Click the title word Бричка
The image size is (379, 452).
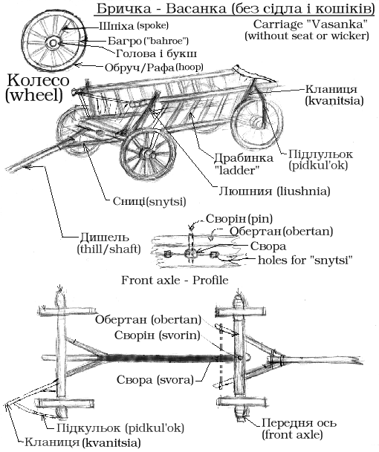click(123, 9)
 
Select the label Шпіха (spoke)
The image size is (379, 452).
click(134, 26)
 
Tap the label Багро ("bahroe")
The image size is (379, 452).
click(149, 41)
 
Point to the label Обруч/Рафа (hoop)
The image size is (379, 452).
click(154, 68)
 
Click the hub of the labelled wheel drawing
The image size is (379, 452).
click(54, 43)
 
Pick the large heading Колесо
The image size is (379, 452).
click(38, 80)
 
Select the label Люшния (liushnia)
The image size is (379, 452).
click(274, 191)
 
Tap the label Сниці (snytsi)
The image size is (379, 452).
click(149, 201)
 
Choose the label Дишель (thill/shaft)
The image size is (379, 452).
click(108, 243)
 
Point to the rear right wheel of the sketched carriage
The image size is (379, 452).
click(257, 124)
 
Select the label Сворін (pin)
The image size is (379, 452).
click(239, 219)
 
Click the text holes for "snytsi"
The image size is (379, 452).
click(305, 260)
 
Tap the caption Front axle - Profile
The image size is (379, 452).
click(175, 280)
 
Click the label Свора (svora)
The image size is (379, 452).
click(155, 380)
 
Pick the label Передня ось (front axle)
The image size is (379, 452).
click(299, 428)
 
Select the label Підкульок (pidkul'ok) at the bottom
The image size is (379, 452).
click(120, 428)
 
